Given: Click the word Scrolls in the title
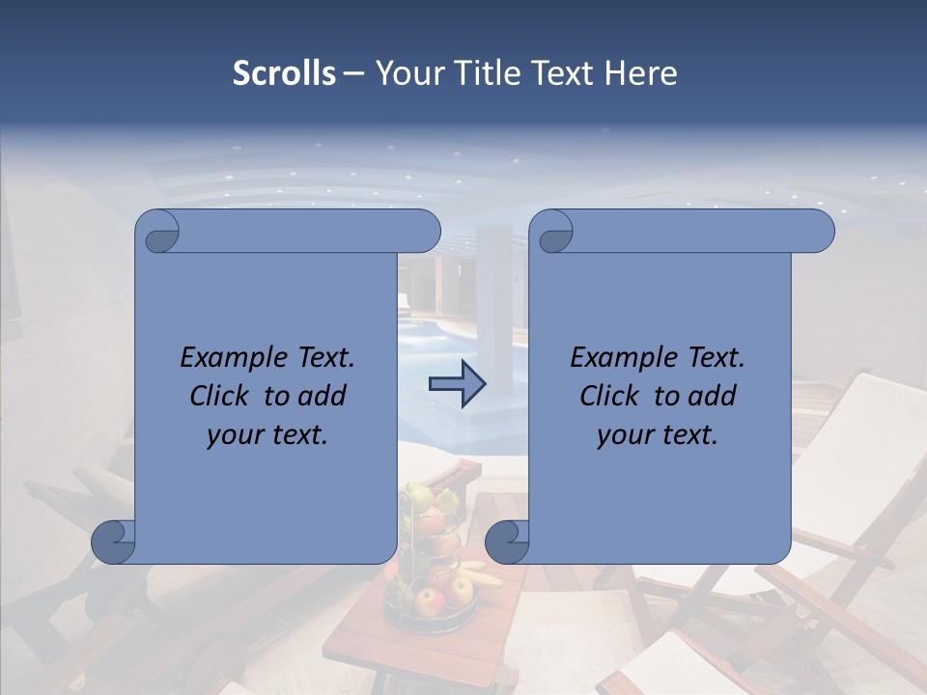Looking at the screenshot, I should [284, 73].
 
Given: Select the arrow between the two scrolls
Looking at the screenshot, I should [457, 383].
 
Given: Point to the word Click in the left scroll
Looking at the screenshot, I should [221, 396].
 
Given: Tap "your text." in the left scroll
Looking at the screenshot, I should [267, 435].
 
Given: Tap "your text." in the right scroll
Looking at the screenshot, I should [658, 435].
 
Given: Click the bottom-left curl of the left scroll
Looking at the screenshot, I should [114, 542].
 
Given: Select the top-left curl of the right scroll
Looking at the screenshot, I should [552, 233].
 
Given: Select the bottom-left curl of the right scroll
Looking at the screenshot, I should [506, 542].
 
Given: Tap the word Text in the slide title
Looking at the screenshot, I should [564, 73].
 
